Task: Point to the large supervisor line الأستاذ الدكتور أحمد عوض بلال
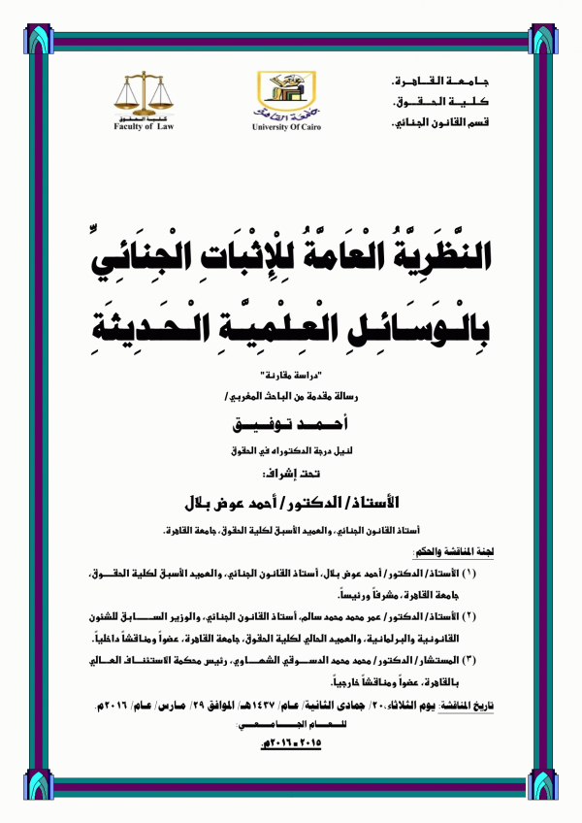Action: (291, 506)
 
